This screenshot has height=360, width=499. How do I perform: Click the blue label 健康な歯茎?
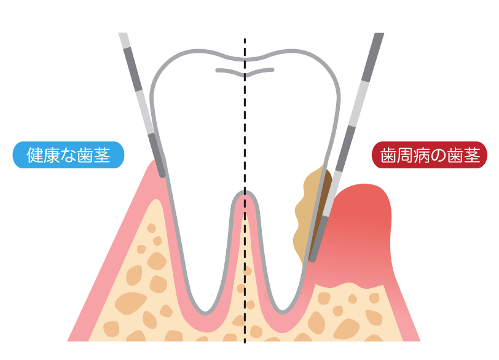[x=68, y=155]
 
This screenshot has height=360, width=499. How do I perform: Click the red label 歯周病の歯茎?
[x=430, y=155]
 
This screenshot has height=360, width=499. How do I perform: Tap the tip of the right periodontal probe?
[x=313, y=260]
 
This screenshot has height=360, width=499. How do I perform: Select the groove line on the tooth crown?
[x=245, y=72]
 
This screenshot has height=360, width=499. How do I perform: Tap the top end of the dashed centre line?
[x=245, y=39]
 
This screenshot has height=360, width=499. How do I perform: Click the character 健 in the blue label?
[x=34, y=155]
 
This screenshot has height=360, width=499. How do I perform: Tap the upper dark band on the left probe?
[x=133, y=69]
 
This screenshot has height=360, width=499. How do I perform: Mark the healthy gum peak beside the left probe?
[x=154, y=162]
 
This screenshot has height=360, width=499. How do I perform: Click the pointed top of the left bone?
[x=156, y=200]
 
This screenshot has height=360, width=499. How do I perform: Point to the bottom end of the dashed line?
[x=245, y=342]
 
